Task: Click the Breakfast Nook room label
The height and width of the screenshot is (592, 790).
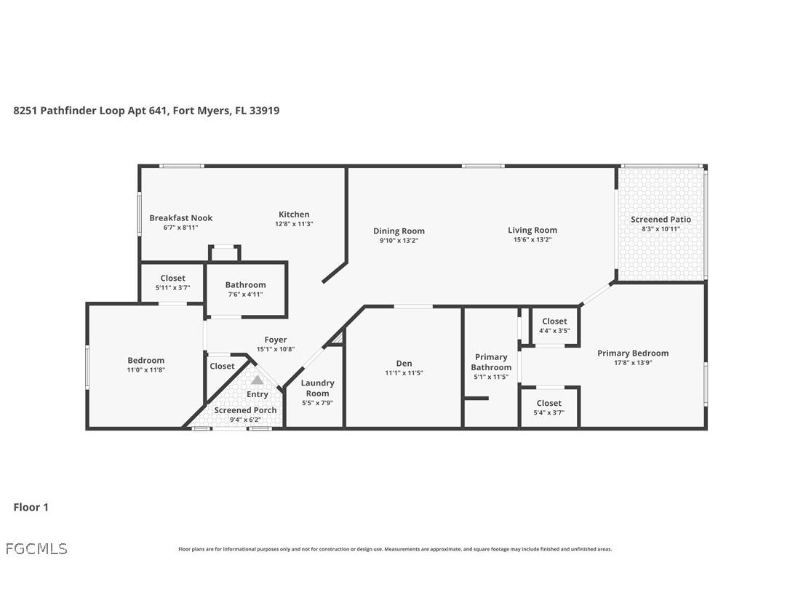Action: click(x=180, y=218)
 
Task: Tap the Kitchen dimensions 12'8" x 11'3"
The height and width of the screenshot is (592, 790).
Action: click(x=294, y=225)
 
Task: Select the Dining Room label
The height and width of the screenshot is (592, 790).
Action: click(x=399, y=231)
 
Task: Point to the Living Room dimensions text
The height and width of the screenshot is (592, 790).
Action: click(x=532, y=240)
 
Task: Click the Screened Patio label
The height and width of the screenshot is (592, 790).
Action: click(x=661, y=220)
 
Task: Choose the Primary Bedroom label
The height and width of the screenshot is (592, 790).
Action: click(x=632, y=353)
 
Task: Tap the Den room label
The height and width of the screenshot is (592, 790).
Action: click(x=404, y=364)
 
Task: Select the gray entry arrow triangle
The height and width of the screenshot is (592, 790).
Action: click(x=257, y=380)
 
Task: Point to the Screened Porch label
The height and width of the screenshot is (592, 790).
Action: click(x=245, y=410)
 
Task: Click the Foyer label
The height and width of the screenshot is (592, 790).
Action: click(x=275, y=340)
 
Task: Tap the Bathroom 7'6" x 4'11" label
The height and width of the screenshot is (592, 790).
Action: click(x=245, y=285)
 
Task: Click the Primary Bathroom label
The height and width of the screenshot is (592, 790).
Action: click(x=491, y=362)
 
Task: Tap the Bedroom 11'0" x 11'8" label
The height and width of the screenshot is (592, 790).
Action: click(x=145, y=361)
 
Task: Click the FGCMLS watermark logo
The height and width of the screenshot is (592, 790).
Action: click(x=36, y=548)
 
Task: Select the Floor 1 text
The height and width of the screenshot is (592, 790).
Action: click(x=31, y=508)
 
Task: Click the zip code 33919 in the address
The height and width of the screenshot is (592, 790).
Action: click(x=264, y=111)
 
